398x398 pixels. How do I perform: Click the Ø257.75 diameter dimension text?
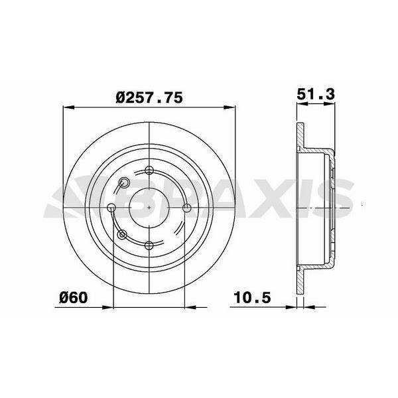[149, 98]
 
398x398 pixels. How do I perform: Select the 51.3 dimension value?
[316, 94]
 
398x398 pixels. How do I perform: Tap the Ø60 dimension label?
[74, 297]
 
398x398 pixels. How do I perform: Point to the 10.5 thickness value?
[252, 297]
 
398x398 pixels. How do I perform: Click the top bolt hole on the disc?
[149, 170]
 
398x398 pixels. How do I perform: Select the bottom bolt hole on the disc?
[149, 245]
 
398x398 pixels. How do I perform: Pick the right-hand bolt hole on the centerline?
[187, 208]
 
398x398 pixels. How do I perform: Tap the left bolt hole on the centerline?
[111, 208]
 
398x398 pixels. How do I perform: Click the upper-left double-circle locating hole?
[124, 182]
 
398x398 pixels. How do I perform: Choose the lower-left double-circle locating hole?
[122, 235]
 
